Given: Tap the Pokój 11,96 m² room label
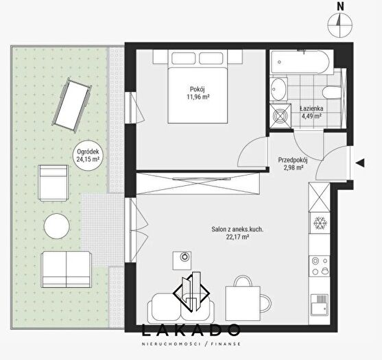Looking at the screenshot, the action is point(198,93).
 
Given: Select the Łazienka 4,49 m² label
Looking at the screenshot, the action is point(311,112).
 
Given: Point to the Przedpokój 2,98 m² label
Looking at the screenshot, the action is point(293,164).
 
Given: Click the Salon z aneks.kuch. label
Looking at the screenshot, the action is point(237,229).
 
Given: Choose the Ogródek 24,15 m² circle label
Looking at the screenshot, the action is point(88,155).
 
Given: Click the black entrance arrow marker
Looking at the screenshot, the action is point(360,163).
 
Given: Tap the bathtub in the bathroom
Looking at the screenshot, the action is point(302,62).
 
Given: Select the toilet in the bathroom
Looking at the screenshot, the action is point(331,93).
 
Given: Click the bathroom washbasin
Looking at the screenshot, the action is point(278,89).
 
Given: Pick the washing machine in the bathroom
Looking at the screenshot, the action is point(280,116).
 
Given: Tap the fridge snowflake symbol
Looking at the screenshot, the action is point(319,223).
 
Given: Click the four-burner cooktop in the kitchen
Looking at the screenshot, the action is point(319,266).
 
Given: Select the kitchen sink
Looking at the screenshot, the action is point(319,305).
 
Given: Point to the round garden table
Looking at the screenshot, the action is point(57,226).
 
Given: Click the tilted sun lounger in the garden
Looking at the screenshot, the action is point(72,105).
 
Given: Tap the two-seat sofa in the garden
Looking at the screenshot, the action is point(67,269).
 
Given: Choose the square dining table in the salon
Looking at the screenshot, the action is point(243,304).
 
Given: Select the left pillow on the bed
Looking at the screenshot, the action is point(183,58).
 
